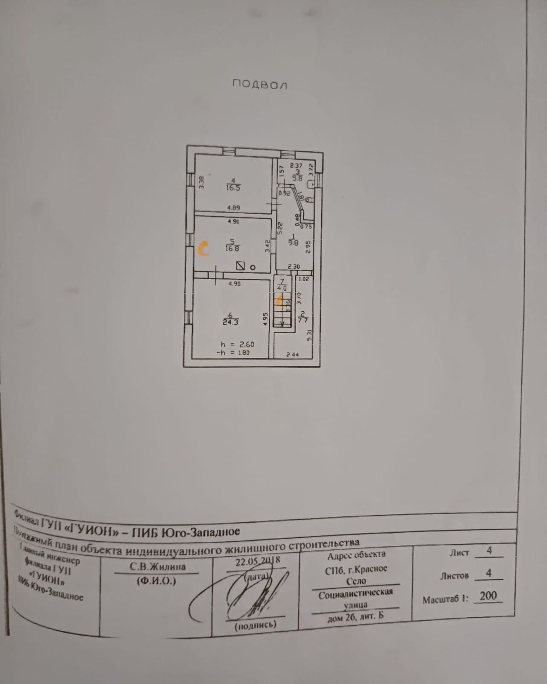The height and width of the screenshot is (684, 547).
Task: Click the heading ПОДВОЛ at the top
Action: [x=259, y=84]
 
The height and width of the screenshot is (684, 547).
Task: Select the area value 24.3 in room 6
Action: [x=230, y=322]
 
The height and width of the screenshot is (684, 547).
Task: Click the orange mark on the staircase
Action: [x=280, y=301]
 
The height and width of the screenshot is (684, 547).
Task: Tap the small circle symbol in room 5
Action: [x=253, y=268]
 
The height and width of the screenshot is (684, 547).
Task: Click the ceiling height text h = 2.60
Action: [x=234, y=344]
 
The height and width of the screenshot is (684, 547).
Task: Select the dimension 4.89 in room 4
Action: [x=233, y=208]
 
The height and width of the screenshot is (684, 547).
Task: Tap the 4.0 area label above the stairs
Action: [x=282, y=288]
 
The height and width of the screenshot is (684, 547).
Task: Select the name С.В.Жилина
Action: [x=158, y=567]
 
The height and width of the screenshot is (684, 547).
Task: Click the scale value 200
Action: [x=488, y=596]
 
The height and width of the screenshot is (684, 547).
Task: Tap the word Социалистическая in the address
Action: [x=355, y=593]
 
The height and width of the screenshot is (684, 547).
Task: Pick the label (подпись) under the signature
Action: [x=256, y=625]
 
